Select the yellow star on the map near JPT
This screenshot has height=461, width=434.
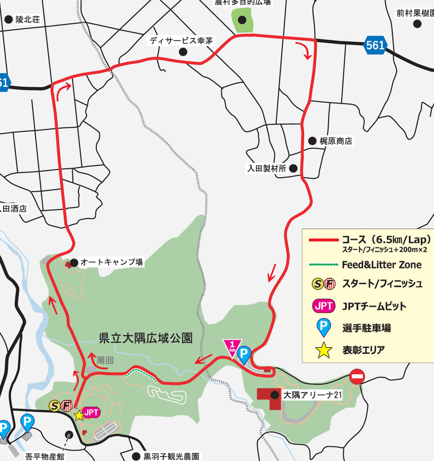pyautogui.click(x=80, y=415)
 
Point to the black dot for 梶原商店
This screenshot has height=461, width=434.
pyautogui.click(x=312, y=141)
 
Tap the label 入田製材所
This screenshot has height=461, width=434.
pyautogui.click(x=266, y=168)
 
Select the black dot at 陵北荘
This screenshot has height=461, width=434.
pyautogui.click(x=9, y=20)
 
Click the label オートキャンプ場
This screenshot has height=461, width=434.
pyautogui.click(x=111, y=262)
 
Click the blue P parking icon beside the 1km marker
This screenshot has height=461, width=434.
pyautogui.click(x=245, y=355)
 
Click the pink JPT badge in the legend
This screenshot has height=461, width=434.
pyautogui.click(x=323, y=306)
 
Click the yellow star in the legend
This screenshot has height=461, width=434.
pyautogui.click(x=323, y=350)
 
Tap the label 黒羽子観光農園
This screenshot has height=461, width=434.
pyautogui.click(x=172, y=456)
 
